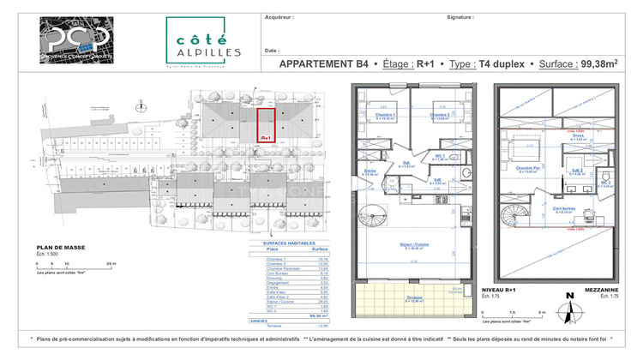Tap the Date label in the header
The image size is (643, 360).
tap(272, 51)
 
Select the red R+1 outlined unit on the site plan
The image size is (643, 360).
tap(266, 124)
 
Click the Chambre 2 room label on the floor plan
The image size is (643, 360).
tap(439, 115)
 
